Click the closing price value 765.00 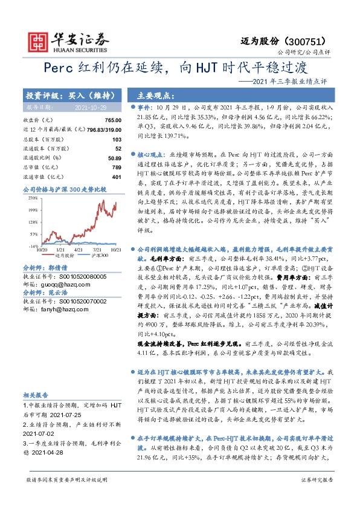click(113, 120)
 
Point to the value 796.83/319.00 click(100, 129)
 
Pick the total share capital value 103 click(117, 139)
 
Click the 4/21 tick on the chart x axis click(78, 249)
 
